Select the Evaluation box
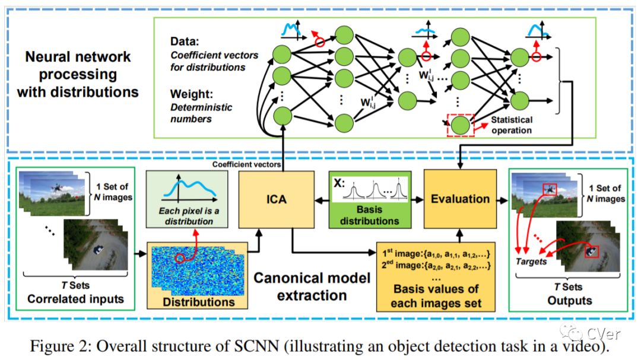point(459,200)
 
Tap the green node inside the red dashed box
point(459,125)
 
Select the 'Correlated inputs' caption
point(76,298)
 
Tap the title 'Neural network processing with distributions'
point(78,75)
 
